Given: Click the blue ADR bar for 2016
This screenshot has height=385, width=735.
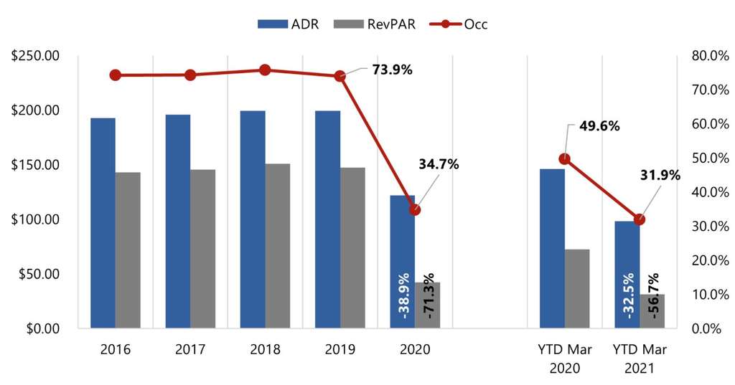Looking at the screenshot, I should (x=103, y=223).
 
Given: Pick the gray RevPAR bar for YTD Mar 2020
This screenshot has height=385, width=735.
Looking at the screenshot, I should (x=577, y=289).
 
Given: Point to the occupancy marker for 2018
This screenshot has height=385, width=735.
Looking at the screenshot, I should (x=265, y=70).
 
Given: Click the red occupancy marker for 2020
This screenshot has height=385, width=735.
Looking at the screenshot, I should (x=415, y=210).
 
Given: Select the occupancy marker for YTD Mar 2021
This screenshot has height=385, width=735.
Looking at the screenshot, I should (x=640, y=219).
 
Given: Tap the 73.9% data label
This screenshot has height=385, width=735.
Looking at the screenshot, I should (x=392, y=70).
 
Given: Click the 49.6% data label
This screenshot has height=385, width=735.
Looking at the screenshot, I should (x=599, y=126).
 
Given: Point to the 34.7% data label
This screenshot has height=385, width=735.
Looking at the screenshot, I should (x=439, y=164).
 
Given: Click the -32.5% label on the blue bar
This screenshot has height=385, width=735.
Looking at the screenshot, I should (x=627, y=295).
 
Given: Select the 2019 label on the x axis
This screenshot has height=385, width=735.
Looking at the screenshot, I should (x=340, y=350).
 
